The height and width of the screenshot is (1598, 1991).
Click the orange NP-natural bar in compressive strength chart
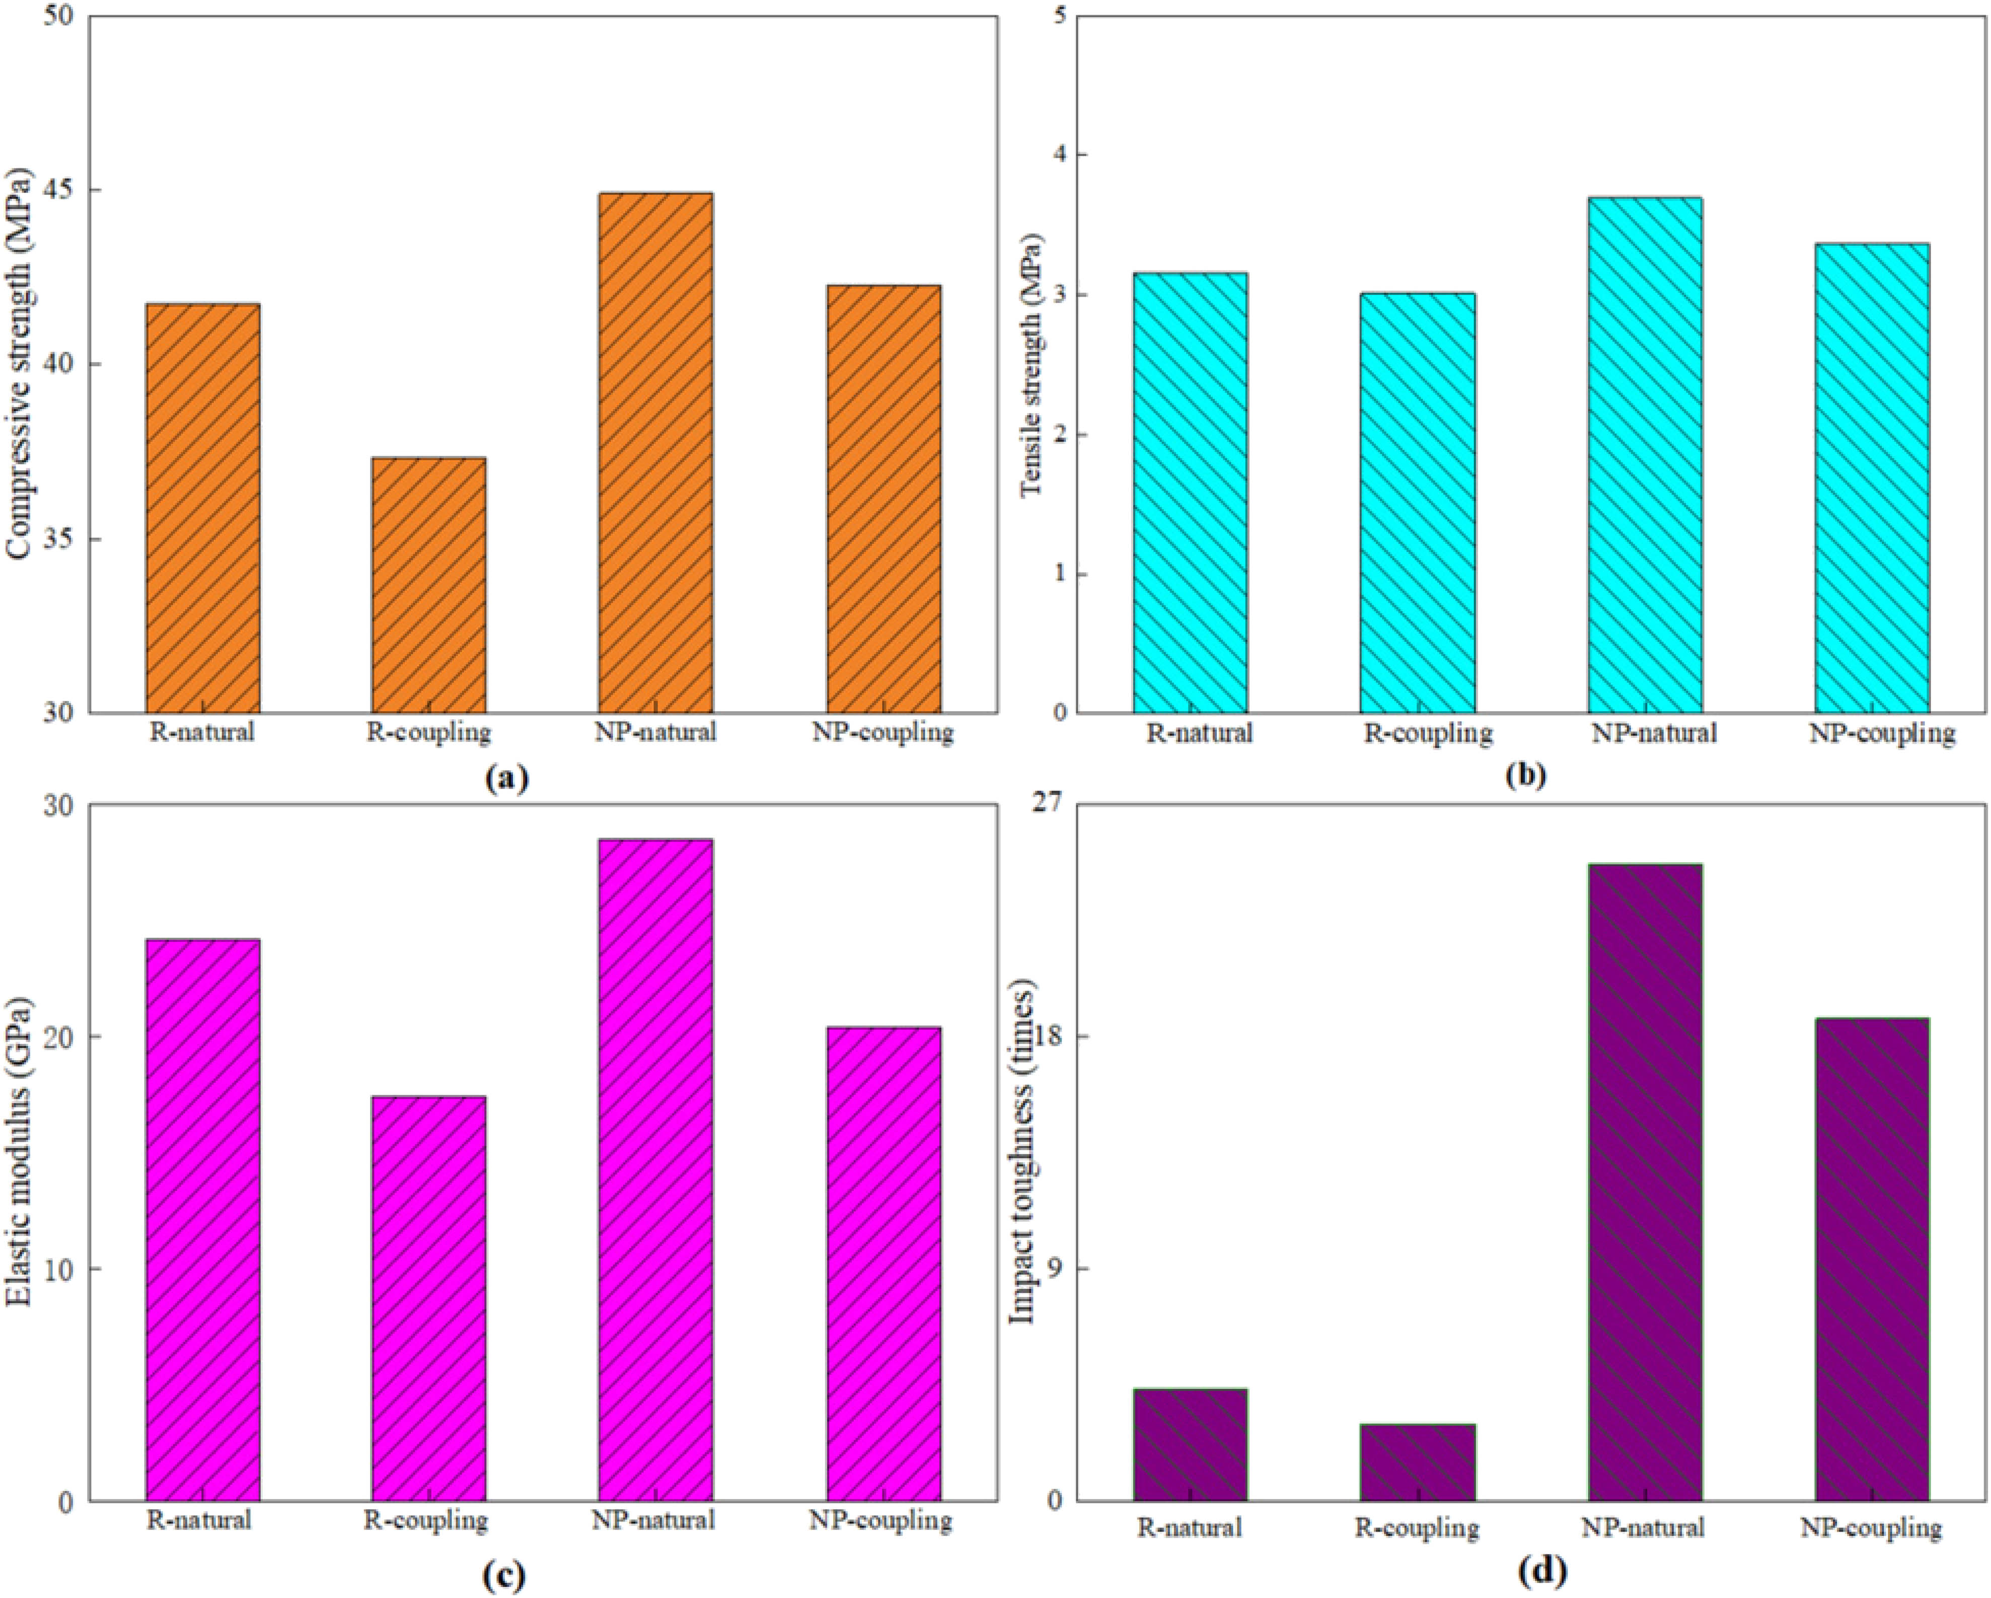[655, 453]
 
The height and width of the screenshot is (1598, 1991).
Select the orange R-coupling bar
[428, 585]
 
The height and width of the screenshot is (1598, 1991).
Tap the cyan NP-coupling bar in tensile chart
[1871, 477]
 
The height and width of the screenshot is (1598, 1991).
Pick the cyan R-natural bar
[1190, 493]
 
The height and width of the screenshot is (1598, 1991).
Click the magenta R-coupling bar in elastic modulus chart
[428, 1298]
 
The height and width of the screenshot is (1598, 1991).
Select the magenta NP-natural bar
[655, 1169]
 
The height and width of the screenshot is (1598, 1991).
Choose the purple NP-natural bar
[1645, 1183]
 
